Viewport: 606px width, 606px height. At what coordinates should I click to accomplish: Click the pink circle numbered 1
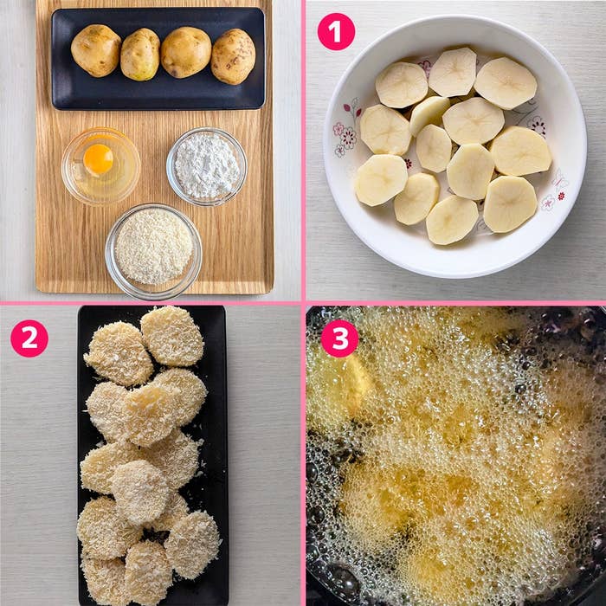(336, 32)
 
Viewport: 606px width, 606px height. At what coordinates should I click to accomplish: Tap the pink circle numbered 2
(29, 338)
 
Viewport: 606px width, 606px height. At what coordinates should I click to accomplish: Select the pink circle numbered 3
(339, 338)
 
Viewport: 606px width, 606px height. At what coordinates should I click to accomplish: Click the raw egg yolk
(98, 158)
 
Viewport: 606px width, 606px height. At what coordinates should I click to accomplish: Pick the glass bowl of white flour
(207, 166)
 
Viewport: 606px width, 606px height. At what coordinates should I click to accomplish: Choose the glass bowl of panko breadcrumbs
(154, 252)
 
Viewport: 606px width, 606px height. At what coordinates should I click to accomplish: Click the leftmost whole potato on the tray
(96, 50)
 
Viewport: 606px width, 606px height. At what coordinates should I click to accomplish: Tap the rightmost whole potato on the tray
(233, 56)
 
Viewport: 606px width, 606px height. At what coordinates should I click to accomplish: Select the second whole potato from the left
(140, 55)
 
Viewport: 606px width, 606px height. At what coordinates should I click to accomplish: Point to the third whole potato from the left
(186, 52)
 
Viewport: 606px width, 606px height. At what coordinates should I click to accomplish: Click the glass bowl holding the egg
(101, 166)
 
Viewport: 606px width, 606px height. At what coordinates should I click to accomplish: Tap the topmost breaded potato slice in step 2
(172, 336)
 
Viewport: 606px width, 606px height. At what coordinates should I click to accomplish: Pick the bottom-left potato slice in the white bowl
(381, 180)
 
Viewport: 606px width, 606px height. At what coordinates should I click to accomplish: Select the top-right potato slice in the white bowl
(506, 83)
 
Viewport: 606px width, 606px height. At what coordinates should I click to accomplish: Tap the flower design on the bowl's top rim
(425, 67)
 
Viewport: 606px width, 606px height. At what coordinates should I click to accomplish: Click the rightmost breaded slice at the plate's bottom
(193, 544)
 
